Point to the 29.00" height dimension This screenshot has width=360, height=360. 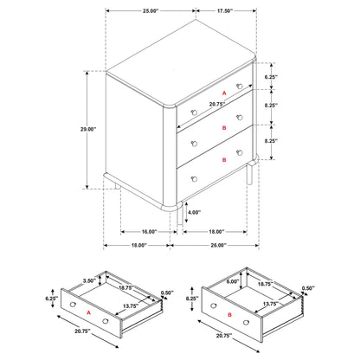87,129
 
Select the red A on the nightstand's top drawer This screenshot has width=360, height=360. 223,92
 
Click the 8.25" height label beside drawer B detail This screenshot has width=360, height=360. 192,298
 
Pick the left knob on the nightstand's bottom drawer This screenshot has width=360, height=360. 195,178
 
